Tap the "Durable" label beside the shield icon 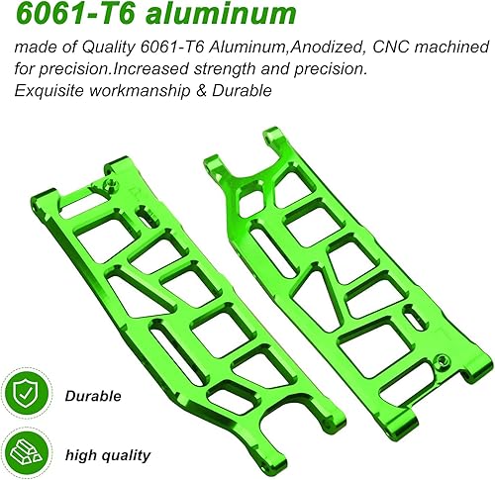tap(94, 396)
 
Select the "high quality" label tap(108, 455)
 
